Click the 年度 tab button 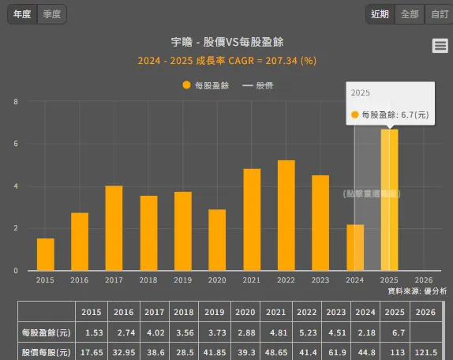tap(22, 14)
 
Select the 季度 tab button tap(52, 14)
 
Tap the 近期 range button tap(380, 14)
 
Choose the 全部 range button tap(410, 14)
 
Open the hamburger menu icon tap(440, 46)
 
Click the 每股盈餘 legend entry tap(205, 85)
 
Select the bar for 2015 tap(46, 254)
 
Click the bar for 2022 tap(286, 216)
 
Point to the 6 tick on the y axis tap(17, 144)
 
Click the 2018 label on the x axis tap(148, 280)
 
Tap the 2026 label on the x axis tap(424, 280)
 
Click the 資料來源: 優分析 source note tap(417, 291)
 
